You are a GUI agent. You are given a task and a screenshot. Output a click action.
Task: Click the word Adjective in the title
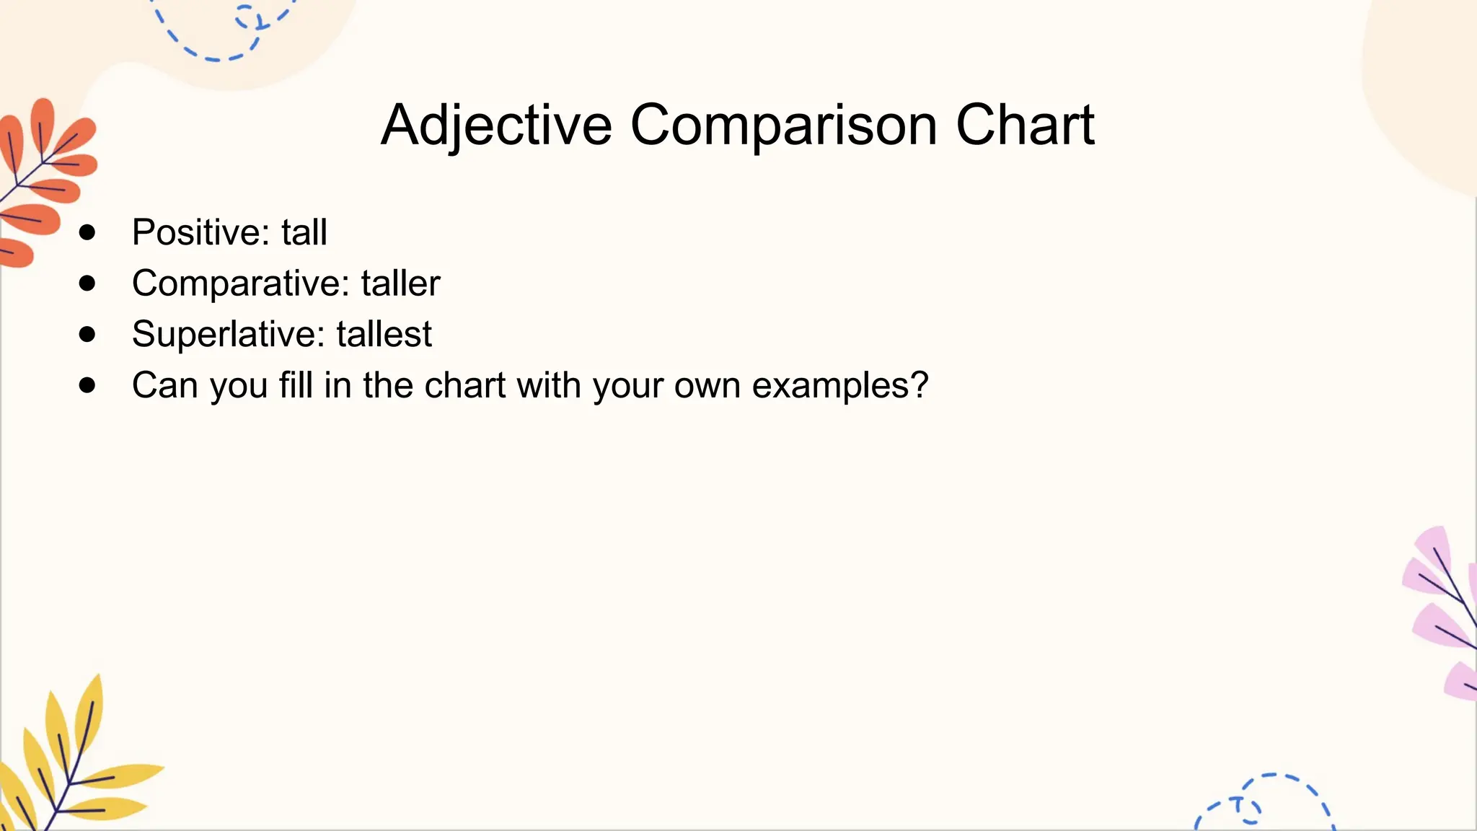496,126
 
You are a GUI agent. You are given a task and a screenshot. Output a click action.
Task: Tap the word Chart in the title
1025,126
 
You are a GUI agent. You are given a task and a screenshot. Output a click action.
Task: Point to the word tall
304,232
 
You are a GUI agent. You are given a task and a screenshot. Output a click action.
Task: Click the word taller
400,283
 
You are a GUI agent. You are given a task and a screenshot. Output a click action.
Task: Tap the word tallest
384,334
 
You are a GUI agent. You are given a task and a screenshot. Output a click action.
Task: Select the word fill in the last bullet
296,385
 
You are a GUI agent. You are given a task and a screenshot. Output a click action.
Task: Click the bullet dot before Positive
87,232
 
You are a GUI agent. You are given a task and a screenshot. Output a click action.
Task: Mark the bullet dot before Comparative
87,283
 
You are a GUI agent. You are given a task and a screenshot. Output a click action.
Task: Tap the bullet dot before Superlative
87,334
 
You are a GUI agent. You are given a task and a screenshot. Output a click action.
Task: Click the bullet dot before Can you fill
87,385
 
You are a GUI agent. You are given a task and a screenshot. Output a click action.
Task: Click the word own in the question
707,385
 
